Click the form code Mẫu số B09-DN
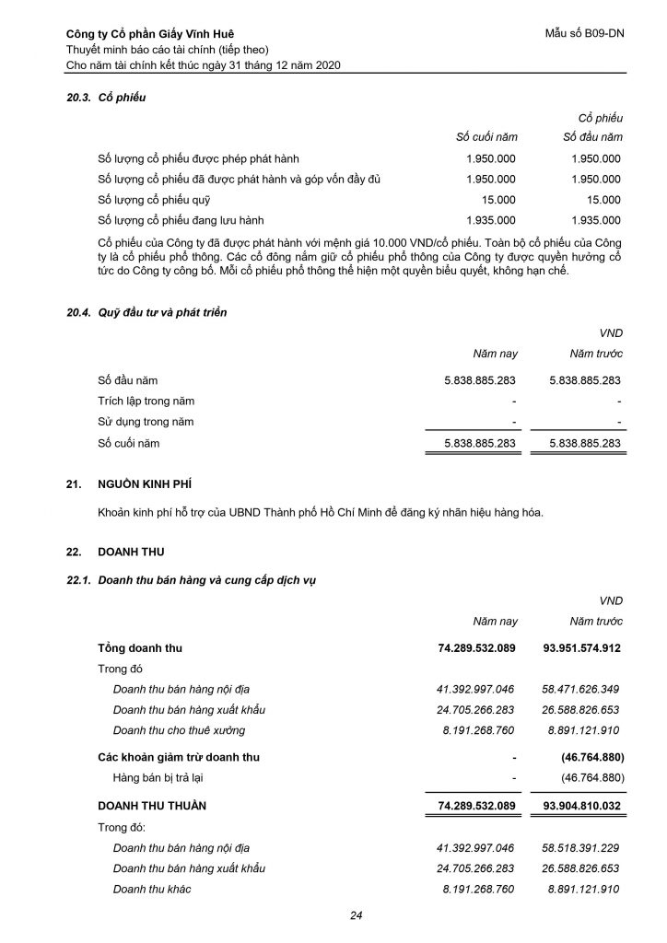585,35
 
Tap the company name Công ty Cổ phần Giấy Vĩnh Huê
146,35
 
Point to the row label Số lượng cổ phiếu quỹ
155,199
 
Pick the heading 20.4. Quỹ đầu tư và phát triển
146,313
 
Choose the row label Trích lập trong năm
146,401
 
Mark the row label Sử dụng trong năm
146,422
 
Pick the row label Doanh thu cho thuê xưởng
179,729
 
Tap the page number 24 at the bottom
357,915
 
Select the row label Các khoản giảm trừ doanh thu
179,757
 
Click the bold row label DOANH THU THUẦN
152,805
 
